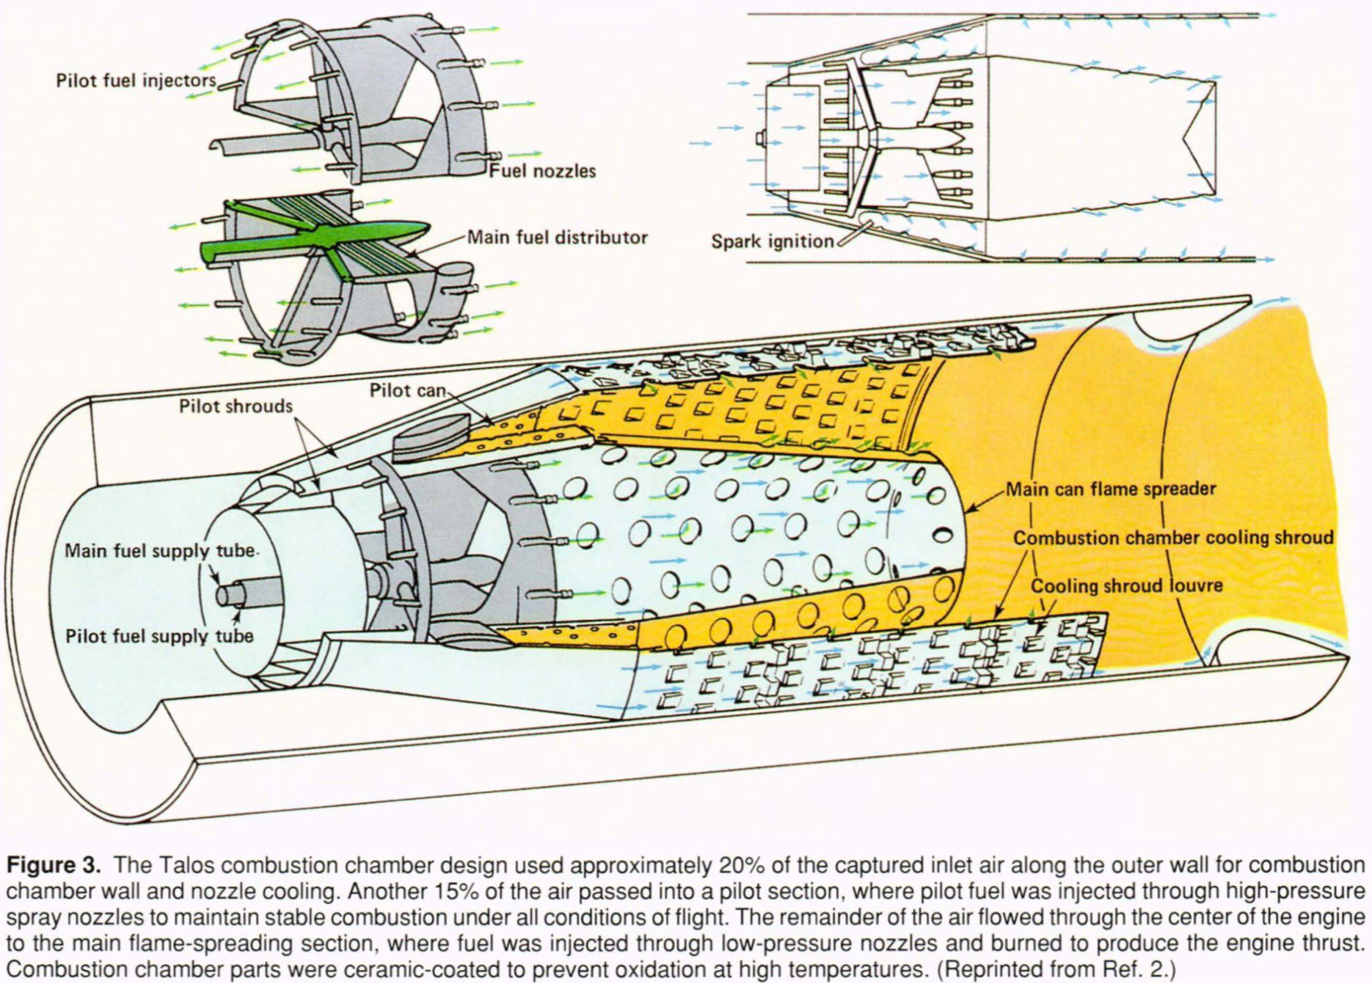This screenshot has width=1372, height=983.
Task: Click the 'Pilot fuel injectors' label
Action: point(136,80)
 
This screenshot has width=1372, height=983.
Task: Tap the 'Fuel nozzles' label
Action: point(542,171)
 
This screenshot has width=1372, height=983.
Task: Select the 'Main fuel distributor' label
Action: point(558,238)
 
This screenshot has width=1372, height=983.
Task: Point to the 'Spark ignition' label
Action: point(773,241)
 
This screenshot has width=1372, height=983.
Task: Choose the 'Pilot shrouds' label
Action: point(236,406)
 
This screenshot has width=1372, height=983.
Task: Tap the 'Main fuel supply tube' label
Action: point(160,551)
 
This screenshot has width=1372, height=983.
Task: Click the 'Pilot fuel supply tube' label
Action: point(159,636)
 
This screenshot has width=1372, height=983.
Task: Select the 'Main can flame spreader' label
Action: point(1110,489)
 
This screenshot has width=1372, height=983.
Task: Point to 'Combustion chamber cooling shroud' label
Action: point(1173,538)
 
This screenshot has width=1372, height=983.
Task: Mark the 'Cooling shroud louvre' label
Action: point(1126,586)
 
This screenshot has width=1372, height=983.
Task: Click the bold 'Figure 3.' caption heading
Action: point(54,865)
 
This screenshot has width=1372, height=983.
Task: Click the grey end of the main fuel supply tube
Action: point(225,596)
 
